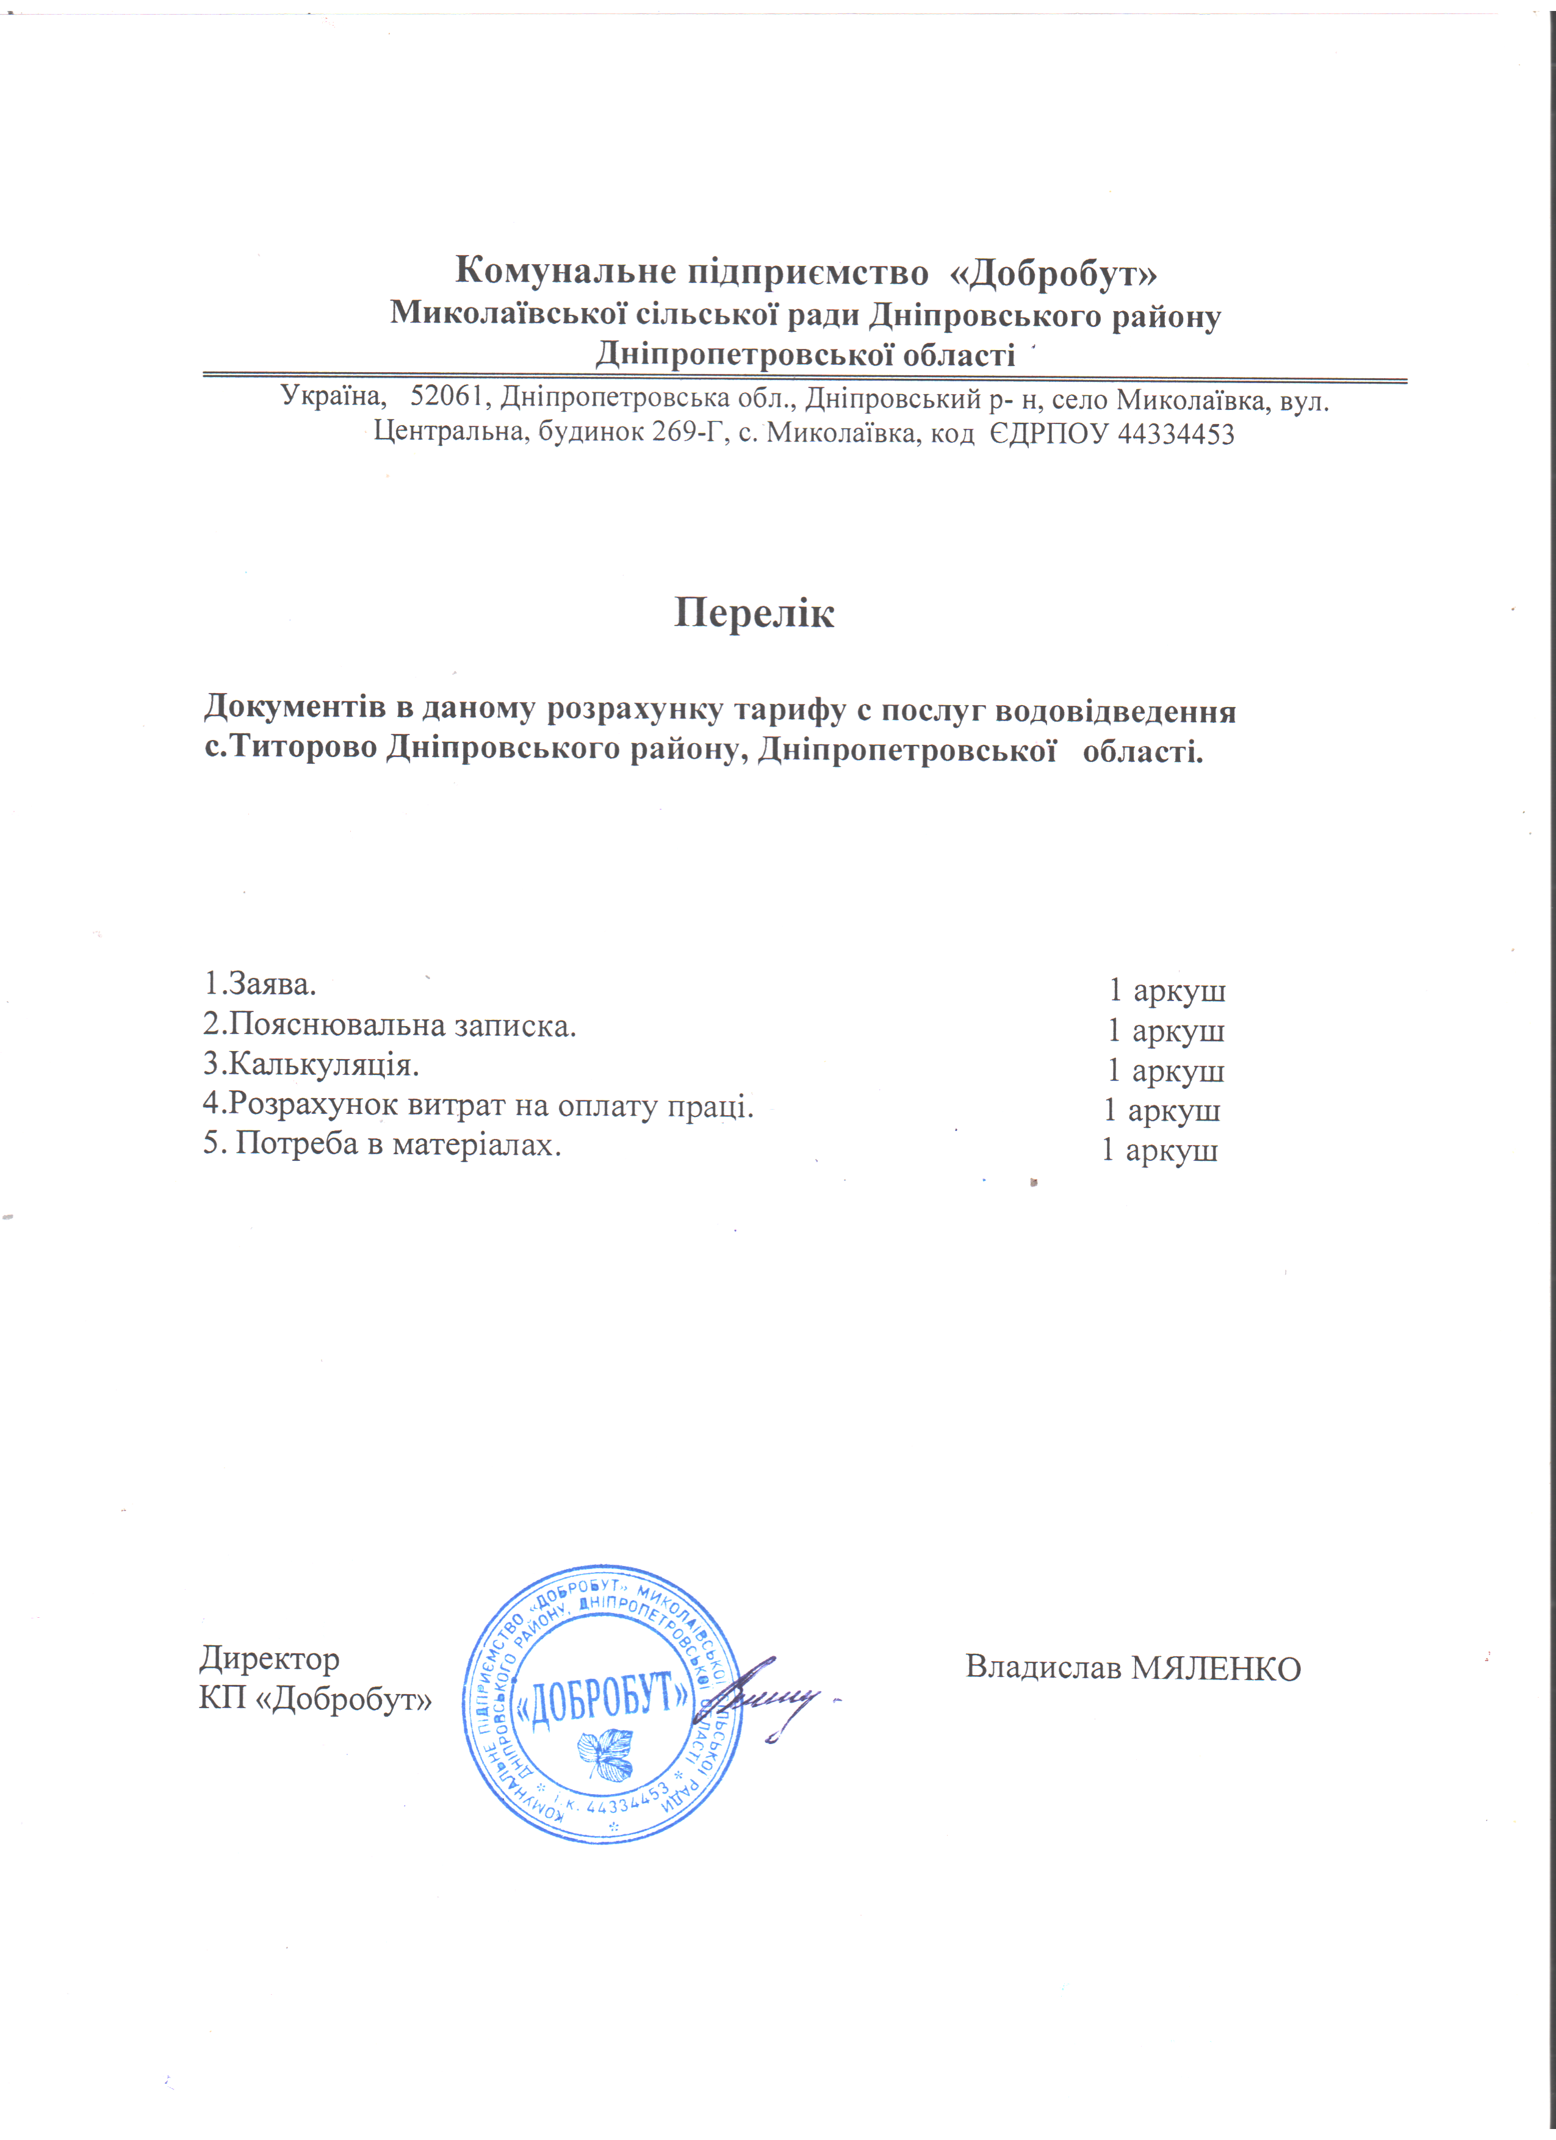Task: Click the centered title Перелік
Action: coord(754,613)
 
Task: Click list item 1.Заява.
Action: coord(259,984)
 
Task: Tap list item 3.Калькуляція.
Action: coord(311,1065)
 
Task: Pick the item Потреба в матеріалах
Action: coord(382,1144)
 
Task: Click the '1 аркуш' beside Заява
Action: coord(1166,991)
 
